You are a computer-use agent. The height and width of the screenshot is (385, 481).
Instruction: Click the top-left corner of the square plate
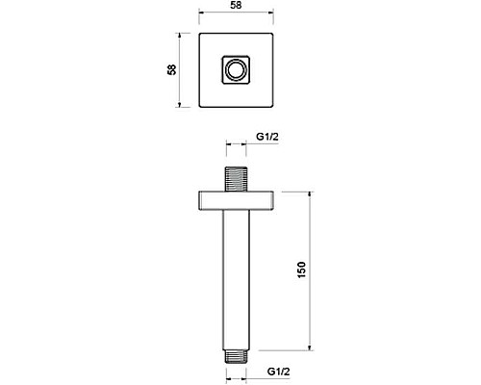[x=200, y=37]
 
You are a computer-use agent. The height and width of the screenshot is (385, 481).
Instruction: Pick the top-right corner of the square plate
[x=272, y=37]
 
